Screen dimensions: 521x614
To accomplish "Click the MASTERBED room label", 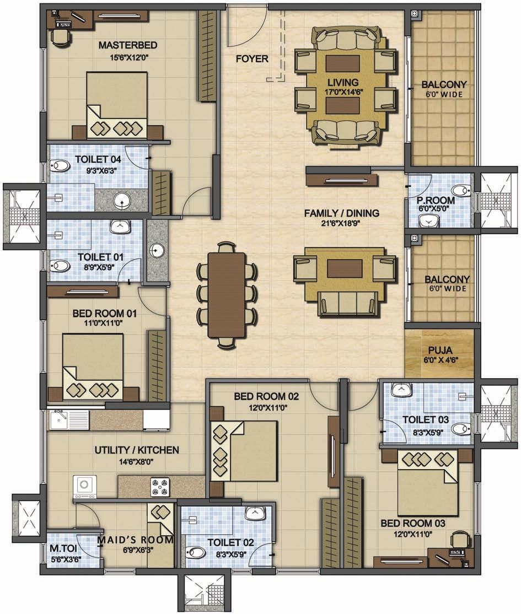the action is [128, 45].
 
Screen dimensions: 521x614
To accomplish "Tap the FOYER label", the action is [252, 59].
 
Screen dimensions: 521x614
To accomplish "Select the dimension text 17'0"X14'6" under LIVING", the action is [343, 93].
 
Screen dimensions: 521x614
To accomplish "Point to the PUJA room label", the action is [440, 350].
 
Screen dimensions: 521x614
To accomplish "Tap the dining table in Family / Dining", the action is [227, 295].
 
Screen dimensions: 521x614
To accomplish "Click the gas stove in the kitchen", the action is [160, 487].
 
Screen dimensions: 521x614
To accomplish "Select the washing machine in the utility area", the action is [84, 486].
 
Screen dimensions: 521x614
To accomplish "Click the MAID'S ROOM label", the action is [135, 540].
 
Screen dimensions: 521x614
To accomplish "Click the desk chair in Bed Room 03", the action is [459, 540].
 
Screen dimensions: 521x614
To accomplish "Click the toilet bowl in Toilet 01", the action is [60, 266].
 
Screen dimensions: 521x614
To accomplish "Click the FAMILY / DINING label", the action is [342, 213].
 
